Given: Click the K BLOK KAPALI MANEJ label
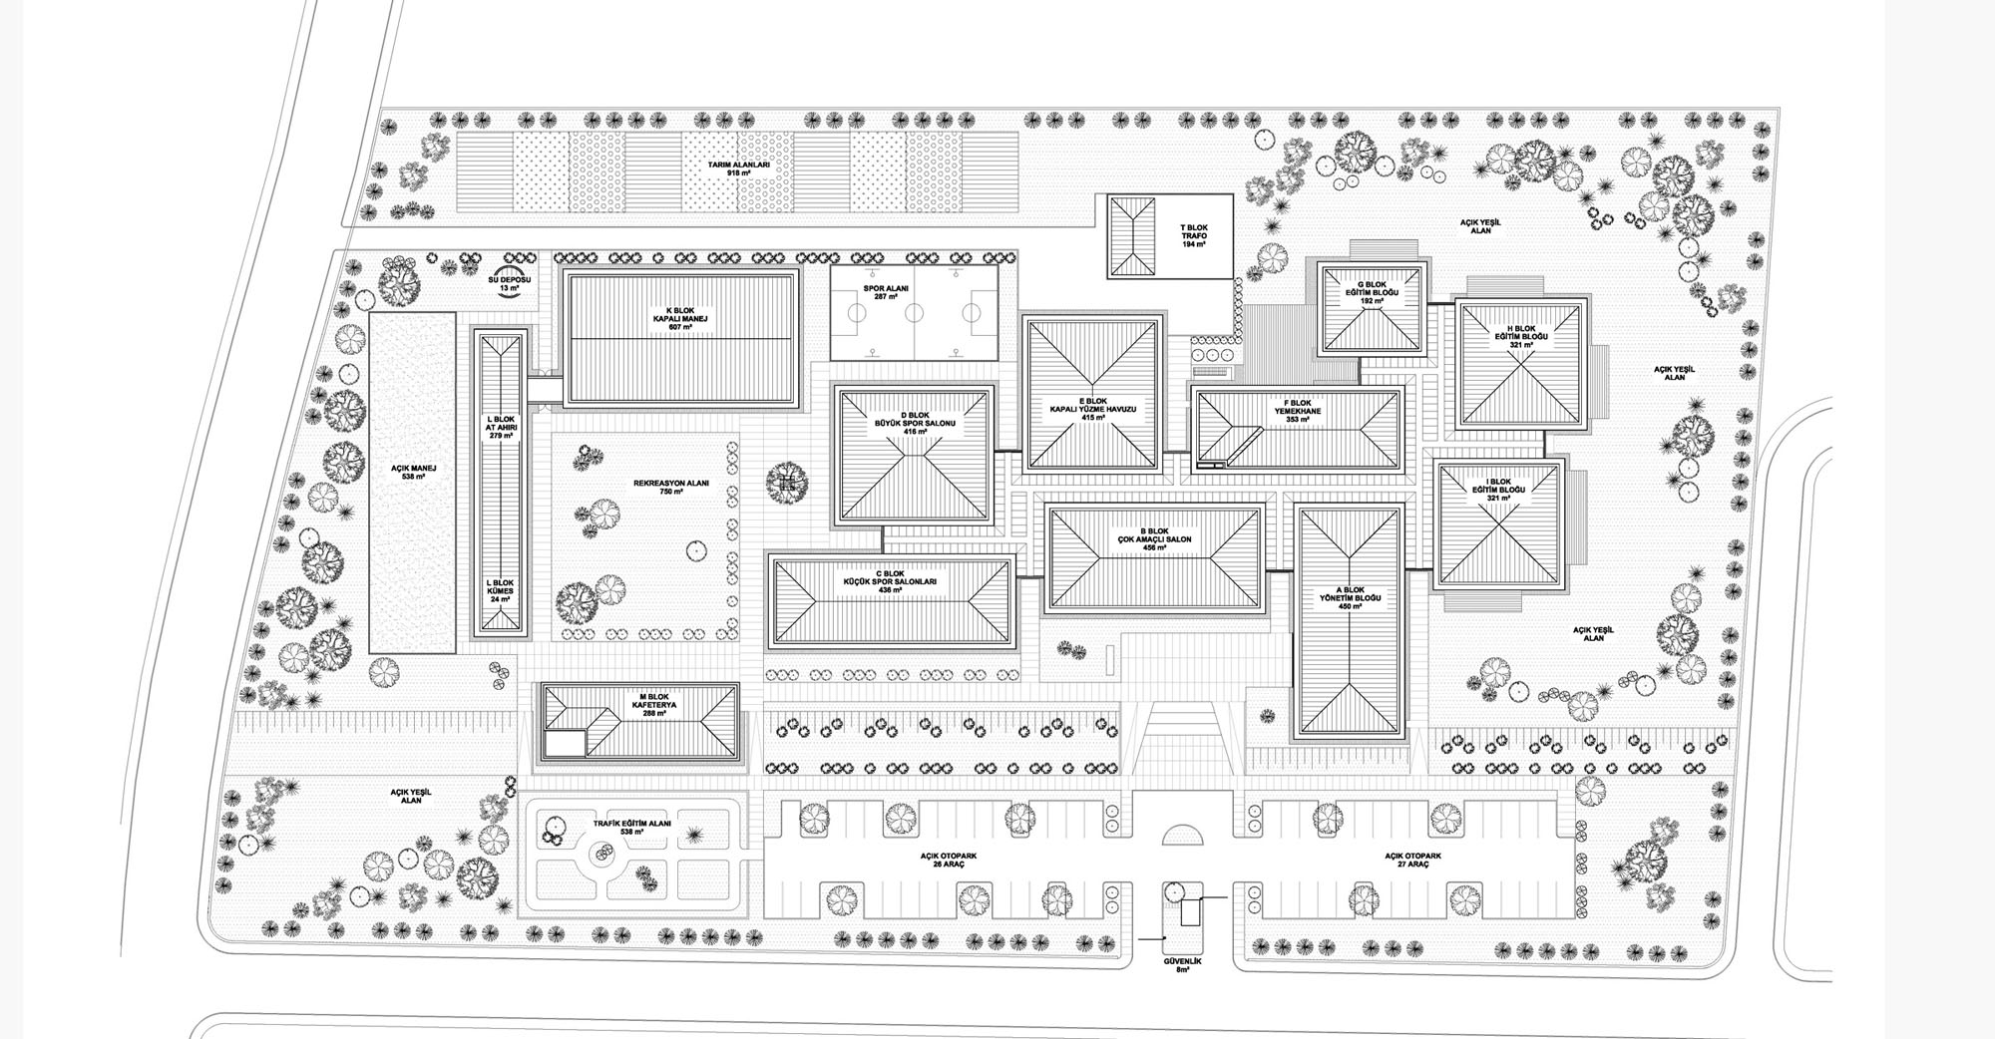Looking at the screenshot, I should click(682, 318).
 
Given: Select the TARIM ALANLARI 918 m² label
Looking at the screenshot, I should click(738, 168).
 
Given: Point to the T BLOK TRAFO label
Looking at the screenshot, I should click(1194, 235).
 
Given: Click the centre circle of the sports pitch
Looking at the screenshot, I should click(915, 313).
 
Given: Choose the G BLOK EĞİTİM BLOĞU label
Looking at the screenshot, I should click(1372, 292).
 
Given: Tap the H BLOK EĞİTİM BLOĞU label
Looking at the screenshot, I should click(1520, 336).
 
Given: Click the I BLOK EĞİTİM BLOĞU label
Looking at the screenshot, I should click(1498, 490).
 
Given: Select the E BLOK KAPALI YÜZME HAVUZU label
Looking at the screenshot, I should click(1093, 409).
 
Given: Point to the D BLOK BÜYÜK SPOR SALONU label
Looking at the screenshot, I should click(915, 423).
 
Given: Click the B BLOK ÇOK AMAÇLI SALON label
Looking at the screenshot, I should click(1154, 538).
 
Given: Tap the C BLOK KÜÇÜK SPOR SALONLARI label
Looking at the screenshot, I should click(890, 581).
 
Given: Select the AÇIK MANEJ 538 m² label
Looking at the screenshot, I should click(413, 472).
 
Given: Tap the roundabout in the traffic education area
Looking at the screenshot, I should click(601, 852).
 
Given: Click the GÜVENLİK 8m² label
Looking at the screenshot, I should click(1182, 964).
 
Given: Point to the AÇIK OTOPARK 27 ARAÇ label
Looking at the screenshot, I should click(1411, 860).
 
